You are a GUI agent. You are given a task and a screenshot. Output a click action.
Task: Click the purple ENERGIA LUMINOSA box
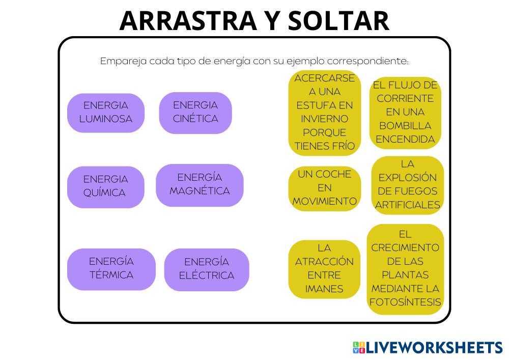tap(106, 113)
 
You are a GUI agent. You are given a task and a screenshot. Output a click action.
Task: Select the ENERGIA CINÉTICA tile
tap(195, 113)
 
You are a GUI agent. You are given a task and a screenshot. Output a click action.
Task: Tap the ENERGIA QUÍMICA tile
tap(105, 186)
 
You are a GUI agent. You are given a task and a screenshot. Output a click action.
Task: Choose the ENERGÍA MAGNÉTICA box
tap(200, 185)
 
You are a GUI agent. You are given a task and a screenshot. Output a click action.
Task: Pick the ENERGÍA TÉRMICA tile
tap(111, 269)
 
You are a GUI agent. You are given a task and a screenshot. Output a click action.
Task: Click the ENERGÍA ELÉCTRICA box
tap(207, 269)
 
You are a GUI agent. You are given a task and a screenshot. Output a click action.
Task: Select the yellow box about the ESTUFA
tap(324, 112)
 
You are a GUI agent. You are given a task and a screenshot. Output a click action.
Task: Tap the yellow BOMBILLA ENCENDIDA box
tap(405, 112)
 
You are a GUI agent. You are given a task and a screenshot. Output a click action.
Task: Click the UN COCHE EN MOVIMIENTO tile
tap(324, 188)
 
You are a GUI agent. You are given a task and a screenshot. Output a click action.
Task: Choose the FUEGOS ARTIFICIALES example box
tap(407, 185)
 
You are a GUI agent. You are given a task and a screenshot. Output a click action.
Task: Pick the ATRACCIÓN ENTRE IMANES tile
tap(324, 269)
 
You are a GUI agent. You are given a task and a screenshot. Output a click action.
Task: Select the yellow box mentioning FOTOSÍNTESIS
tap(405, 269)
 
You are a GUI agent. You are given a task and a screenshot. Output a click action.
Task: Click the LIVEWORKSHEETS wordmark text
tap(434, 348)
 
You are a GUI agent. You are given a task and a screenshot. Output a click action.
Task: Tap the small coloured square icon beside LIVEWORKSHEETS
tap(359, 348)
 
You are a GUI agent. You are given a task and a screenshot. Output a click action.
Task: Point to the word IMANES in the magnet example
tap(324, 289)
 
